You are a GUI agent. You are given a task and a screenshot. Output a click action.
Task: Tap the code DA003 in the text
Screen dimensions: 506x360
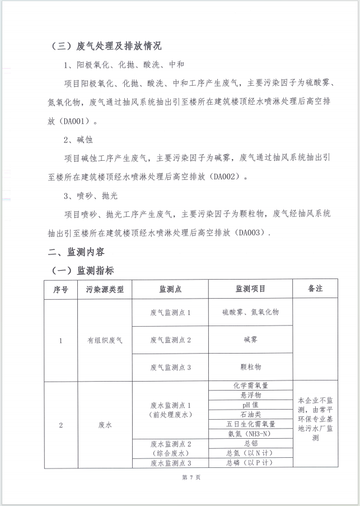pos(250,233)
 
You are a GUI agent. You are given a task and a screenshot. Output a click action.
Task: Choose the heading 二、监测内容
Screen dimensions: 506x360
pos(76,252)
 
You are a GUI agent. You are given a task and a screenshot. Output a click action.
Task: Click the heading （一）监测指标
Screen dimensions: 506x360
pos(82,271)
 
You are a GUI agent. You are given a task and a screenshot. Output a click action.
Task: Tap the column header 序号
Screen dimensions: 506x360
pos(60,289)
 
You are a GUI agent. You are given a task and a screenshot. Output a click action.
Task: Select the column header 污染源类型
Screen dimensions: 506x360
pos(104,289)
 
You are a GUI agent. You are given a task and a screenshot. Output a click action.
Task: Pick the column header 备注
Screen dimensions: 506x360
pos(315,289)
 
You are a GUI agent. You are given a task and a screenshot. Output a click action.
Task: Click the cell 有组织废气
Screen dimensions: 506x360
pos(104,340)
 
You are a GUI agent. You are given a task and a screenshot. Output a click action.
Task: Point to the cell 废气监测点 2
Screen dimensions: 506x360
pos(171,340)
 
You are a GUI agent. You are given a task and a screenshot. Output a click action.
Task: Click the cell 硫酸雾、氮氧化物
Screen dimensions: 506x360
pos(250,312)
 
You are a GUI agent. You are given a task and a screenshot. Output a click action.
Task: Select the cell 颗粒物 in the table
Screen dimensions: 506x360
pos(250,366)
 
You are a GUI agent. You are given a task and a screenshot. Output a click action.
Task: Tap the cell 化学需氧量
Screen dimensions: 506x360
pos(250,386)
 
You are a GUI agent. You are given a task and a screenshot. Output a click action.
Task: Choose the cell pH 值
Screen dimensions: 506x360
pos(250,405)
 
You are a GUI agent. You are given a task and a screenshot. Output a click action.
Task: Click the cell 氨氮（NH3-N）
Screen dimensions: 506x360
pos(250,433)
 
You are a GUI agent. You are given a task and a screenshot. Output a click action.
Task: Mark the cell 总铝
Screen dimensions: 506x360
pos(250,443)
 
